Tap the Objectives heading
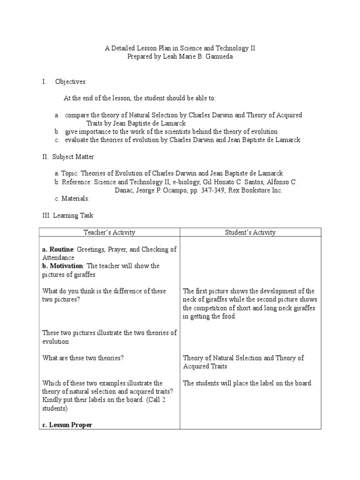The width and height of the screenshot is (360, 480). [71, 82]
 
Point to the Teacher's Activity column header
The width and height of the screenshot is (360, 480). [109, 232]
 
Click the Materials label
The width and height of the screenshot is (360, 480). [74, 199]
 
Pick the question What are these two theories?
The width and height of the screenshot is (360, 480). [83, 358]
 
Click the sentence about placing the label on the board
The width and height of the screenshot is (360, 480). [247, 383]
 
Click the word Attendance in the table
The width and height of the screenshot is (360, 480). [58, 257]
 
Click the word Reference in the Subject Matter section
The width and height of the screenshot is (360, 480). [75, 182]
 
